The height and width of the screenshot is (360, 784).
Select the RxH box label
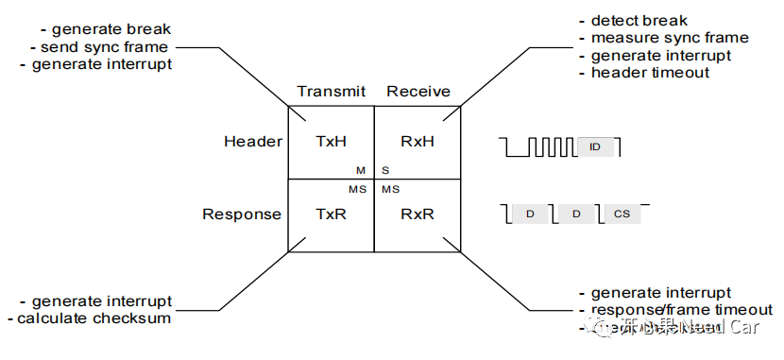(417, 142)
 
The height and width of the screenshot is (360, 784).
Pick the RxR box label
(417, 214)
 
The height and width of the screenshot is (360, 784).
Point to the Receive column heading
(418, 92)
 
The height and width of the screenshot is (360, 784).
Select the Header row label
(252, 142)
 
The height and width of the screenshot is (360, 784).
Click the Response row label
(242, 214)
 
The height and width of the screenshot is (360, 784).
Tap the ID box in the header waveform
(595, 147)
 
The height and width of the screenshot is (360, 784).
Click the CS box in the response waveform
(621, 214)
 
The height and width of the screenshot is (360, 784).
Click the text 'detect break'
(639, 21)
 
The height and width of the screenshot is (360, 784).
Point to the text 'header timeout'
(650, 73)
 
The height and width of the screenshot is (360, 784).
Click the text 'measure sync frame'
(669, 38)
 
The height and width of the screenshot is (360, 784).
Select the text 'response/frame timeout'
(681, 310)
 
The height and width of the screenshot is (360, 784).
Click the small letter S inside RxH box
(385, 170)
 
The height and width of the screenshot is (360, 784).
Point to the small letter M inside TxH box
(360, 170)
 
